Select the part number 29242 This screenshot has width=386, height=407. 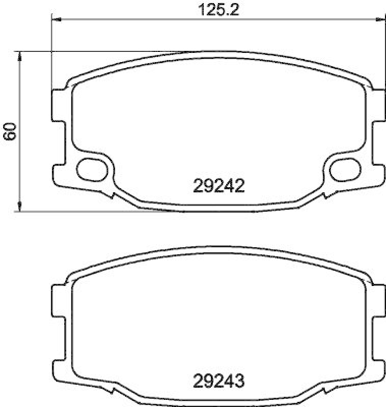(219, 186)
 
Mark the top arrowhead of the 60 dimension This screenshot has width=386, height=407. (19, 54)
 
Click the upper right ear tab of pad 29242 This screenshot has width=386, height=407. (377, 105)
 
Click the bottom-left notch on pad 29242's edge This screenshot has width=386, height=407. (111, 194)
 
